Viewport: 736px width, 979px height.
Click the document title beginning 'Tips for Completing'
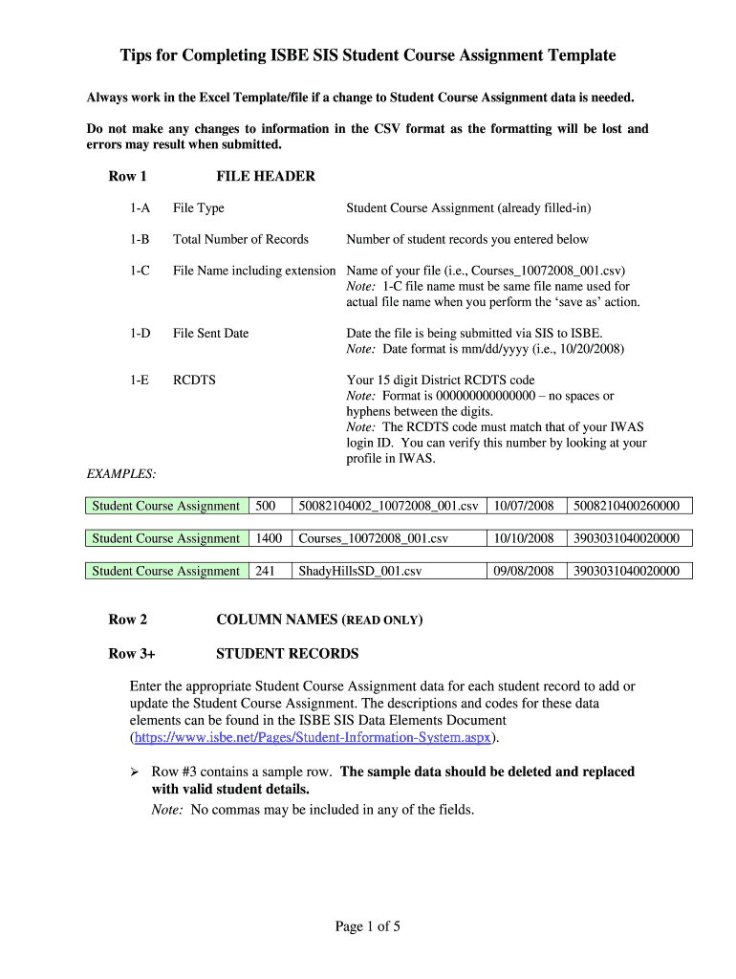pyautogui.click(x=368, y=55)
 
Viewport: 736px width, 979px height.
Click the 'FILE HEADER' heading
pyautogui.click(x=266, y=176)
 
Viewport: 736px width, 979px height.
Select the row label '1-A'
pyautogui.click(x=141, y=207)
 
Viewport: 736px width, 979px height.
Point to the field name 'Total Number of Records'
pyautogui.click(x=240, y=239)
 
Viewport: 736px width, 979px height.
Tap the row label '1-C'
pyautogui.click(x=141, y=271)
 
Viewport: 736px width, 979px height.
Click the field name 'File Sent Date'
pyautogui.click(x=210, y=333)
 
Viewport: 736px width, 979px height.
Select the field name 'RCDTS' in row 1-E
pyautogui.click(x=194, y=380)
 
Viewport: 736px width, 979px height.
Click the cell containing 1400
pyautogui.click(x=270, y=538)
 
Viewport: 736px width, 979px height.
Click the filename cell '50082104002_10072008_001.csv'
pyautogui.click(x=388, y=506)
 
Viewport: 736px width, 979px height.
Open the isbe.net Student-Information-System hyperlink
pyautogui.click(x=312, y=738)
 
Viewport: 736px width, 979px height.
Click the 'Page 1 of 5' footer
pyautogui.click(x=367, y=925)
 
